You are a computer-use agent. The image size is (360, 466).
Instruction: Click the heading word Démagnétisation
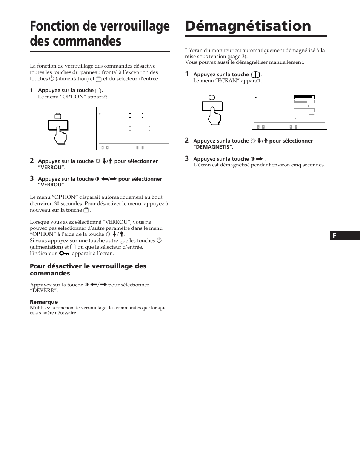(x=248, y=26)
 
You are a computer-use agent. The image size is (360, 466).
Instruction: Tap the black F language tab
(x=345, y=236)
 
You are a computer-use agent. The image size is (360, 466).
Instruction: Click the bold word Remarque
(x=44, y=302)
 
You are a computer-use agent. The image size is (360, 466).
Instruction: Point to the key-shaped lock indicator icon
(x=65, y=254)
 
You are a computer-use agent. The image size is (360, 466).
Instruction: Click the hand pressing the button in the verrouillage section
(x=60, y=134)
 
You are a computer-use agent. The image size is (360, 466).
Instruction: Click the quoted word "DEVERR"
(x=44, y=291)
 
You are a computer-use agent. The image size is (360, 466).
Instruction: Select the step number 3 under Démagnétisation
(x=187, y=159)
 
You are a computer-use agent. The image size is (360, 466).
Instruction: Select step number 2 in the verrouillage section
(x=32, y=161)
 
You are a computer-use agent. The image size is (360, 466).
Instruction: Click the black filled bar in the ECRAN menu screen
(x=304, y=97)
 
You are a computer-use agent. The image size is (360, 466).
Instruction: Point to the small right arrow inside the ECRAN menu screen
(x=312, y=114)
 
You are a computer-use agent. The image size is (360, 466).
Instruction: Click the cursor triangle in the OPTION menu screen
(x=100, y=113)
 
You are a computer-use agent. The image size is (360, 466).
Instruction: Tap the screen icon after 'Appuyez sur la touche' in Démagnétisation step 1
(x=255, y=75)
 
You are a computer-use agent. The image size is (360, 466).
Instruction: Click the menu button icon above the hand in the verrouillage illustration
(x=58, y=116)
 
